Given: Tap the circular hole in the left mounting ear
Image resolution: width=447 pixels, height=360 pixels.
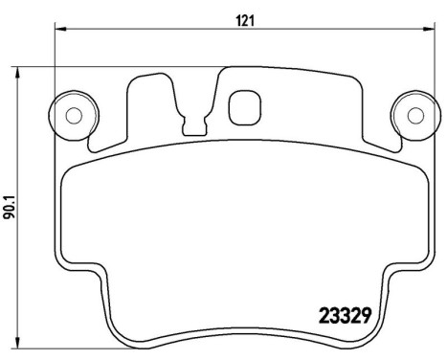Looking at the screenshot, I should coord(73,115).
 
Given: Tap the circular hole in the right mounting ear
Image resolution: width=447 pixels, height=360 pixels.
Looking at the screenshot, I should coord(414,115).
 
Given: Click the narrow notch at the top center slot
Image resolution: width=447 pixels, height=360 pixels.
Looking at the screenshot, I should coord(197,124).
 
